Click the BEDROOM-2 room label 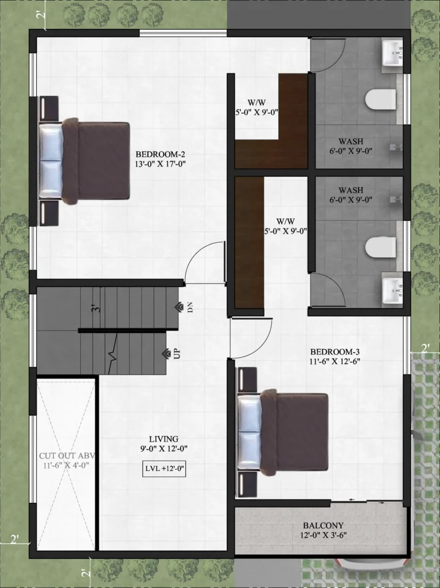tap(161, 154)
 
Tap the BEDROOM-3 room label tap(335, 352)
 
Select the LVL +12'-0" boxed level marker tap(164, 469)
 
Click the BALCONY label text tap(323, 525)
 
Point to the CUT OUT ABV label tap(68, 455)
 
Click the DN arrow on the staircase tap(179, 307)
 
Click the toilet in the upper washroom tap(380, 99)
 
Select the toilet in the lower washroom tap(380, 247)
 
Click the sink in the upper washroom tap(392, 53)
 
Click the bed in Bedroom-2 tap(84, 161)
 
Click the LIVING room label tap(164, 439)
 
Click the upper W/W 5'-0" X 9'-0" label tap(257, 107)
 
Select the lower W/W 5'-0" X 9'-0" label tap(286, 226)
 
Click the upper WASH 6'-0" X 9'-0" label tap(351, 146)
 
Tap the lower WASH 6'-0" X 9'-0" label tap(351, 195)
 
